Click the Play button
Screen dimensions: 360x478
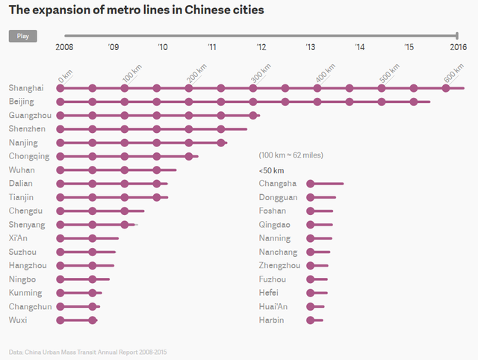(22, 36)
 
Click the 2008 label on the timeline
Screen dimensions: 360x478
(65, 47)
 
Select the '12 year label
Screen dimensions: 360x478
(261, 47)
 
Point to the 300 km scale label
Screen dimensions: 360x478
(261, 75)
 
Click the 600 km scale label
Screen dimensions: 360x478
(454, 75)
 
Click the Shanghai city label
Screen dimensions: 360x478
(26, 88)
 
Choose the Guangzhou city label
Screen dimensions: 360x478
(30, 115)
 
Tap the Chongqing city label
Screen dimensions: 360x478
(29, 156)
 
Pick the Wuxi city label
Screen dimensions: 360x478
(18, 320)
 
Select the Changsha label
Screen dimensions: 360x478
(277, 184)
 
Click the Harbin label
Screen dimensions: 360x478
(272, 320)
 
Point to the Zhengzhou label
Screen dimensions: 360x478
(279, 265)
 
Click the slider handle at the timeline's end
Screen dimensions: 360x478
(456, 35)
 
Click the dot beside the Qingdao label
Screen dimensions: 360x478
(311, 224)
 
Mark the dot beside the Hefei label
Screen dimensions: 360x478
(311, 293)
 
